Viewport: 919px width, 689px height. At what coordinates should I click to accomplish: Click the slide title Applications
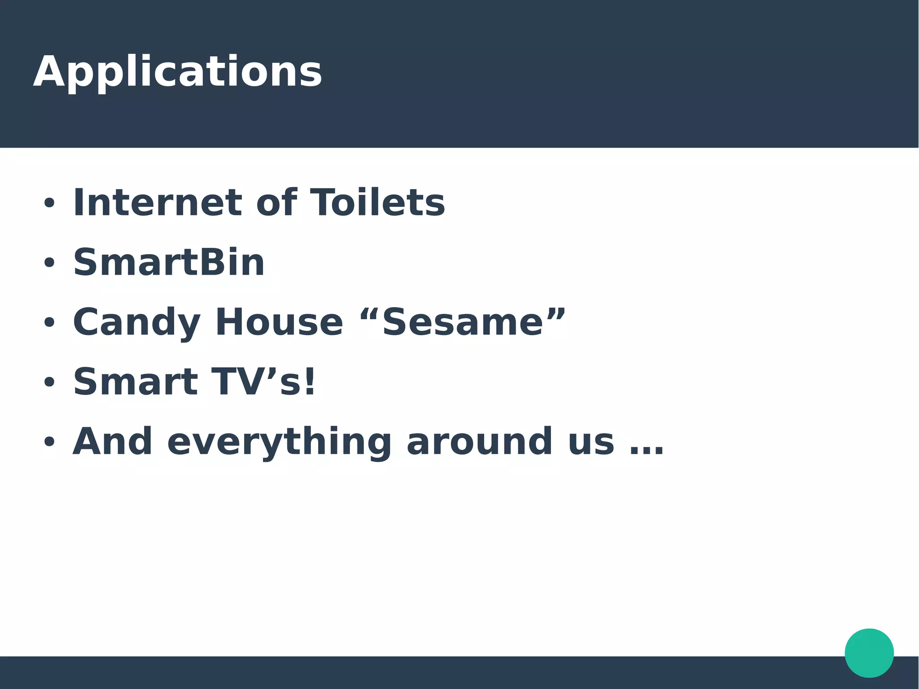177,72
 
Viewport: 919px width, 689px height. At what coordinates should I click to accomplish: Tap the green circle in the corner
869,653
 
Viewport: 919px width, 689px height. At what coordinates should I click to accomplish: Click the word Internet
158,203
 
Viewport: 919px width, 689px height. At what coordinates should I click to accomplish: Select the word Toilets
377,203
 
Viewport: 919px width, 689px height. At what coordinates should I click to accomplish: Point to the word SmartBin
169,263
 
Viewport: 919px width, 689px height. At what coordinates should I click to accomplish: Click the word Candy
136,323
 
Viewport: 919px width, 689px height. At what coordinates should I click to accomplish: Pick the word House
279,323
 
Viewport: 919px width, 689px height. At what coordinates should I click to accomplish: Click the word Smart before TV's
136,382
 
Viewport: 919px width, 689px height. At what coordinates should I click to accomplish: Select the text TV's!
263,382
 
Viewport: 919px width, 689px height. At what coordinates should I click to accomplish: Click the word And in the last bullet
113,442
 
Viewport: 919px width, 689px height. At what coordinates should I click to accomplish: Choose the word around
479,442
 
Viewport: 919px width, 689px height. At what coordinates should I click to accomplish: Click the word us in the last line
591,443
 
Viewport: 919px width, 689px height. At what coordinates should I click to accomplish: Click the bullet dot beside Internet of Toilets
49,203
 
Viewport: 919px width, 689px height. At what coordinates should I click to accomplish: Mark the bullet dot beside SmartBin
49,263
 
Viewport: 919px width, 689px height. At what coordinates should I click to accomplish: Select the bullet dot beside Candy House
49,323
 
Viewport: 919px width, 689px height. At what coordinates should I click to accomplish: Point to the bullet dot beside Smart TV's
49,382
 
